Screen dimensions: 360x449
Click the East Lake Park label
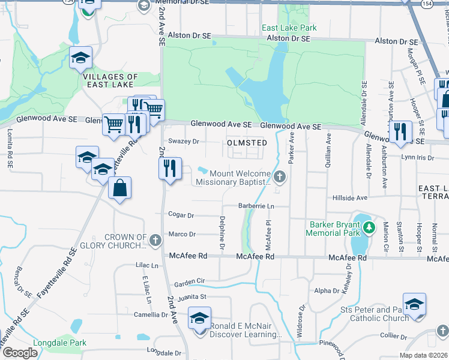click(289, 28)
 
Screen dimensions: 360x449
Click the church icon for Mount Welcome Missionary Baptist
click(280, 176)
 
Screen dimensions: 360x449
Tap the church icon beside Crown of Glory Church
click(155, 241)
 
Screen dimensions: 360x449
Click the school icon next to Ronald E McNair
click(199, 317)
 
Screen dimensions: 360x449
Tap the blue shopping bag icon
click(120, 188)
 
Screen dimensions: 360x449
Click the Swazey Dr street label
click(183, 142)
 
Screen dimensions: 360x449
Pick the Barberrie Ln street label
click(256, 206)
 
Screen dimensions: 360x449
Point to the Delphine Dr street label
click(222, 233)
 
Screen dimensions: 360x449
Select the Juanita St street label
click(191, 296)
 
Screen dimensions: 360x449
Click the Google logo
click(20, 353)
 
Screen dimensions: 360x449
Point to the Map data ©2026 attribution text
click(423, 355)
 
